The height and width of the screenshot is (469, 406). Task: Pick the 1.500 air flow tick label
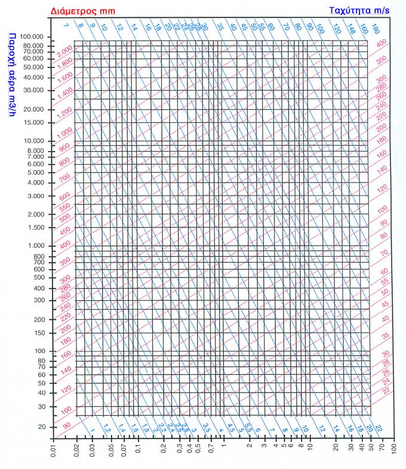(x=35, y=227)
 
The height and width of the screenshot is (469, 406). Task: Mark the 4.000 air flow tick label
(x=35, y=183)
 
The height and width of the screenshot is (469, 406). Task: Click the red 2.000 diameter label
(x=64, y=49)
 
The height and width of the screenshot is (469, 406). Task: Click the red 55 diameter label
(x=385, y=281)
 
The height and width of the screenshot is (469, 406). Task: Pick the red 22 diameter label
(x=385, y=390)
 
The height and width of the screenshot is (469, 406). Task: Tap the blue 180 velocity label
(x=375, y=29)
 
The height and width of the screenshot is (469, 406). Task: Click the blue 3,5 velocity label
(x=207, y=428)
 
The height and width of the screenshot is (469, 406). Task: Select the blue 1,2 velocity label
(x=107, y=428)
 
